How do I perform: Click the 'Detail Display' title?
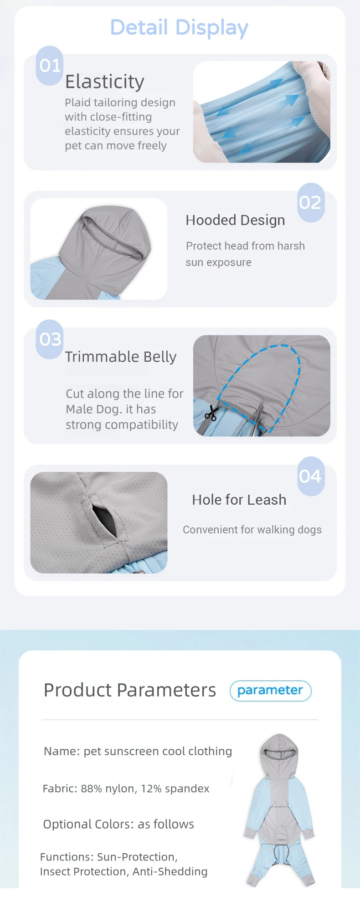[x=179, y=27]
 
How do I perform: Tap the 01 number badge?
[x=50, y=66]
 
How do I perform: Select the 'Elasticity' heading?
[x=105, y=82]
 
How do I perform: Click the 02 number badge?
[x=311, y=203]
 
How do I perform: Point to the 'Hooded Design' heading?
[x=235, y=220]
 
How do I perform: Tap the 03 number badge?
[x=50, y=339]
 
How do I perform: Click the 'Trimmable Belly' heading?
[x=121, y=357]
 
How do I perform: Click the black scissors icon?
[x=211, y=414]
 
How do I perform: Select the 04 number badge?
[x=311, y=476]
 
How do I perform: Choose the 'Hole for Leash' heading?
[x=239, y=500]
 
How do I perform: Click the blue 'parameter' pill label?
[x=271, y=691]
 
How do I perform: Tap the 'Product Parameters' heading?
[x=130, y=690]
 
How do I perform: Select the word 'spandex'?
[x=187, y=789]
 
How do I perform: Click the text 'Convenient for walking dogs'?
[x=252, y=530]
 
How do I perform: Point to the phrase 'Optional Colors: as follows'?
[x=118, y=824]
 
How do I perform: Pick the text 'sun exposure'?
[x=219, y=263]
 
